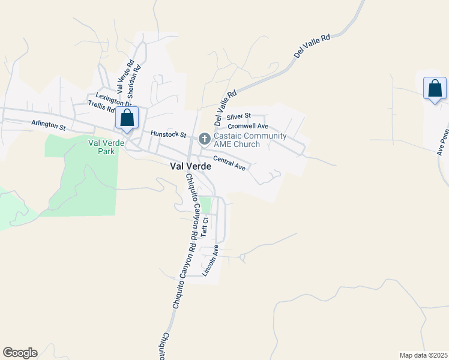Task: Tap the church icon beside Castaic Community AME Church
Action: [x=204, y=139]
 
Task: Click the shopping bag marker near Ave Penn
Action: [x=435, y=89]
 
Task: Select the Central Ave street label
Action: [x=230, y=163]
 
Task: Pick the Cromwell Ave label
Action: [x=248, y=126]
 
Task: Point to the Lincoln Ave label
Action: [x=209, y=260]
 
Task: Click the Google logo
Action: [x=20, y=353]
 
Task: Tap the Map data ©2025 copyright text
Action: [x=423, y=355]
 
